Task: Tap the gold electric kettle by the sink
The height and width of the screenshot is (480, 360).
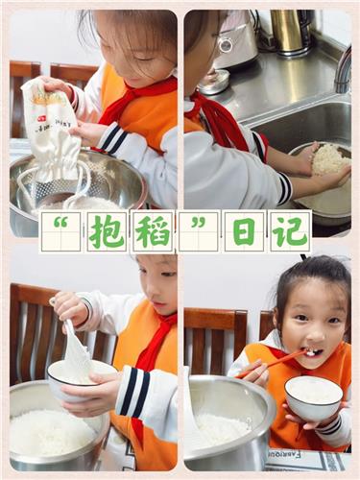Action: [290, 32]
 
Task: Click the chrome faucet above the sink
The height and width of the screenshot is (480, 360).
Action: [343, 70]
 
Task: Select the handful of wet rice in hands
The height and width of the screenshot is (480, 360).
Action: [329, 159]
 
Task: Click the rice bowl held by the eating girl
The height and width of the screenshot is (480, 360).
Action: [314, 397]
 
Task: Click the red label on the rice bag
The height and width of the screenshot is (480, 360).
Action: [41, 119]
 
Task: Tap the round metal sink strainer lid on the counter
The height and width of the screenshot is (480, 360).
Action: [214, 82]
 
